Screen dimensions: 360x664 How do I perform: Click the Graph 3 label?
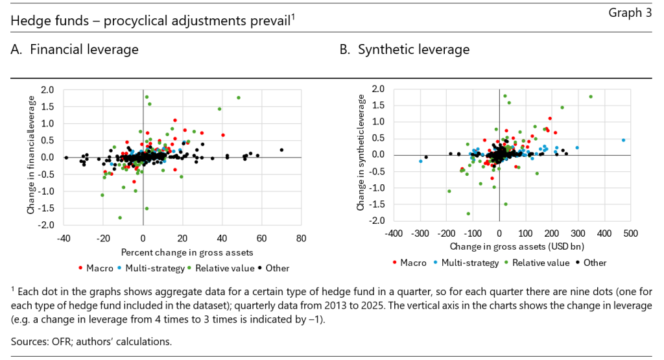632,14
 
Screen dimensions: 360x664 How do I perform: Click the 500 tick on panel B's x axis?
631,233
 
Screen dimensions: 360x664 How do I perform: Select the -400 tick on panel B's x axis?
394,233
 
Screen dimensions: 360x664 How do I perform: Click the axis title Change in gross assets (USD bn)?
512,247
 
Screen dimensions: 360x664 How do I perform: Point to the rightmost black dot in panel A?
281,150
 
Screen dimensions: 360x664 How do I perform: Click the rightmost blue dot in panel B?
623,140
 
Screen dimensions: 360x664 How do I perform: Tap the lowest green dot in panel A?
120,217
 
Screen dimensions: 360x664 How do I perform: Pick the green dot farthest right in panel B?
591,97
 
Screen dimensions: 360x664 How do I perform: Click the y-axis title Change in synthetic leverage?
361,154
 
